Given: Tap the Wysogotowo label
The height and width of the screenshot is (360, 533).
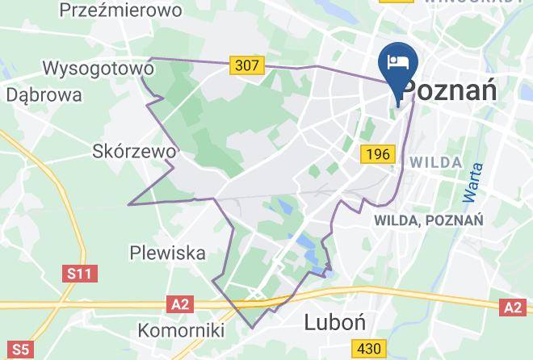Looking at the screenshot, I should pyautogui.click(x=99, y=69).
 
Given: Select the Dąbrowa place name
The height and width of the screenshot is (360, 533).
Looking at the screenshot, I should pyautogui.click(x=44, y=94).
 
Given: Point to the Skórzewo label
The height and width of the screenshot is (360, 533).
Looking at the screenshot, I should pyautogui.click(x=134, y=151).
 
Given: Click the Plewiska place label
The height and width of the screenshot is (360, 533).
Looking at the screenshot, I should pyautogui.click(x=167, y=253).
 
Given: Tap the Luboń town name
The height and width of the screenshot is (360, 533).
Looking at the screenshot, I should pyautogui.click(x=335, y=323).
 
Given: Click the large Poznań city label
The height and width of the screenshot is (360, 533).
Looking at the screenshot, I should pyautogui.click(x=449, y=90).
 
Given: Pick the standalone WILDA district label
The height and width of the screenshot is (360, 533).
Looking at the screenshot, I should pyautogui.click(x=436, y=162).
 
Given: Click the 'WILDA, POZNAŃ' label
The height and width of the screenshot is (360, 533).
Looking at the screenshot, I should pyautogui.click(x=428, y=220).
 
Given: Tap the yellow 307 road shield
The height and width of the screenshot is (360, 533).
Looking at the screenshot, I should pyautogui.click(x=246, y=65).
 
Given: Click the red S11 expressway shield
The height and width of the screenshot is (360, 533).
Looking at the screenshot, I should pyautogui.click(x=79, y=274).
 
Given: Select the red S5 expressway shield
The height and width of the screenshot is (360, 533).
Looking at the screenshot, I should pyautogui.click(x=20, y=350).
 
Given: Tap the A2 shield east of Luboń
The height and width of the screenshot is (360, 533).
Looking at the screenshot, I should pyautogui.click(x=513, y=308).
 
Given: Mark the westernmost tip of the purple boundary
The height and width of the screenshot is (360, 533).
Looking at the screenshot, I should pyautogui.click(x=128, y=204).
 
